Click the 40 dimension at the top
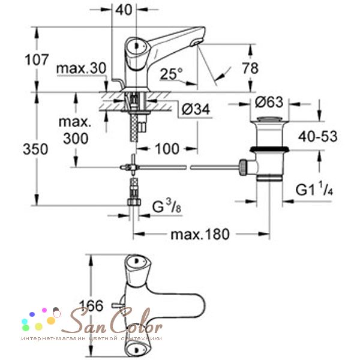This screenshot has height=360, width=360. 124,10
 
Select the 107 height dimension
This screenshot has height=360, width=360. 37,59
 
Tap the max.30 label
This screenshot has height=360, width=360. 81,68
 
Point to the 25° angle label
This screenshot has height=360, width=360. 171,74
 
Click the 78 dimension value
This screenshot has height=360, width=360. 250,68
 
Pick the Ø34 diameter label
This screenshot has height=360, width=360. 196,109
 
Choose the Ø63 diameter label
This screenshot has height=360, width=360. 269,102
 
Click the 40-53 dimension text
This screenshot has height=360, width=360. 318,136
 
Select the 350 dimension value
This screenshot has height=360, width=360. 35,149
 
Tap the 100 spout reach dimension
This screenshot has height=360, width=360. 167,149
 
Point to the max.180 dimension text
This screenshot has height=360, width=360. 200,235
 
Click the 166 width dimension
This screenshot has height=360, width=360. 91,306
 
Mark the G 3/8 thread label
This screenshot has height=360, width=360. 167,206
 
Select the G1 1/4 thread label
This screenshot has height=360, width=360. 314,190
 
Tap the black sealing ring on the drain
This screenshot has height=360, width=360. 269,149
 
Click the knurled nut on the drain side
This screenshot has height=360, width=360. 243,167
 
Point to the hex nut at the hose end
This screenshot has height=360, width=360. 134,202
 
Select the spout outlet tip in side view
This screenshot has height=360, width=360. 197,42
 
